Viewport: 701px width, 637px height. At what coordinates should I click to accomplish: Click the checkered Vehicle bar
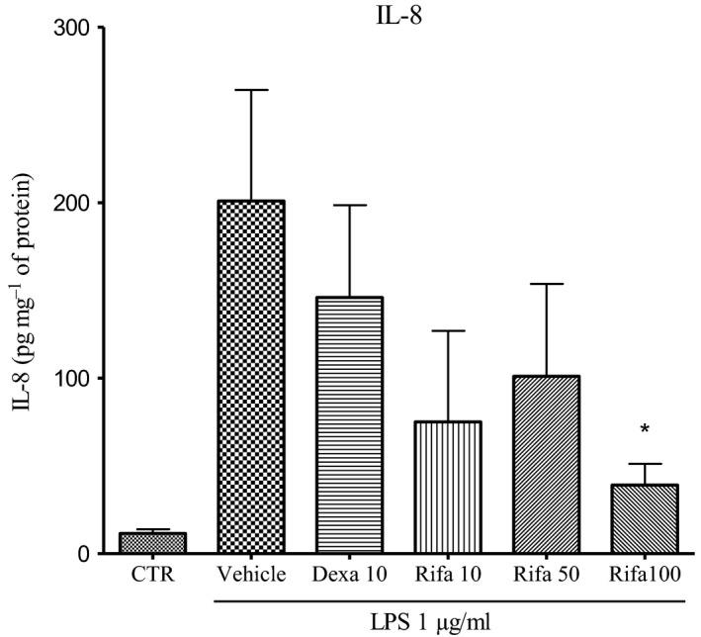[250, 376]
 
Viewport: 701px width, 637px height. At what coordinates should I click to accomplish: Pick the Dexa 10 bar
[348, 425]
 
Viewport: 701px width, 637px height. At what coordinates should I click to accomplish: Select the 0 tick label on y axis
[86, 554]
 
